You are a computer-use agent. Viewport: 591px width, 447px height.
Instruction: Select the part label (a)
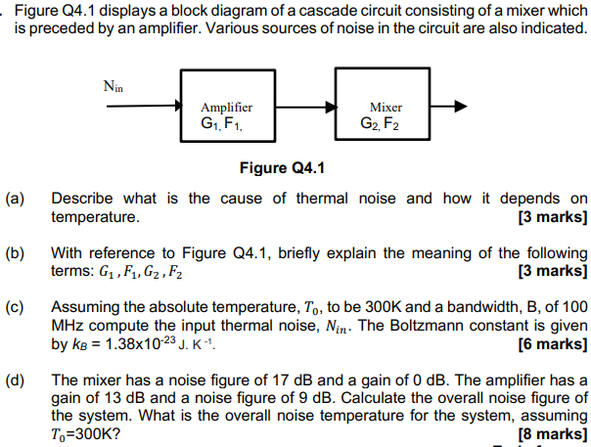[x=16, y=199]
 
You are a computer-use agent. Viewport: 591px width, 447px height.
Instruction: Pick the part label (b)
[x=16, y=252]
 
